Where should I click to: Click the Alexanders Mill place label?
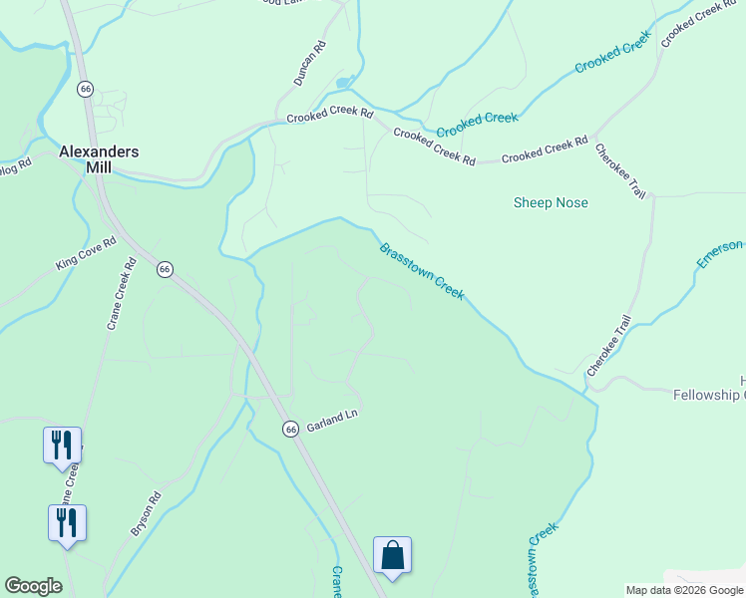tap(98, 159)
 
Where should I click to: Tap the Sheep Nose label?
tap(551, 202)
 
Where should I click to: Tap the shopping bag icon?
tap(392, 555)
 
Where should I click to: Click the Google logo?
tap(33, 586)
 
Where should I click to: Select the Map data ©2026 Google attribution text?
tap(684, 590)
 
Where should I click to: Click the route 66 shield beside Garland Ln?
tap(290, 429)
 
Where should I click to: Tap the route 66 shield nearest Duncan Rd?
tap(86, 89)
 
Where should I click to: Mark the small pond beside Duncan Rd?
tap(344, 82)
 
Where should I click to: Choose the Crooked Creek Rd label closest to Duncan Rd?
tap(329, 117)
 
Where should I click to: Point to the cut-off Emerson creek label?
tap(720, 253)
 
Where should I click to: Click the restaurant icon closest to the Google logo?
tap(67, 523)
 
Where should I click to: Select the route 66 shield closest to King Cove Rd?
tap(166, 268)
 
